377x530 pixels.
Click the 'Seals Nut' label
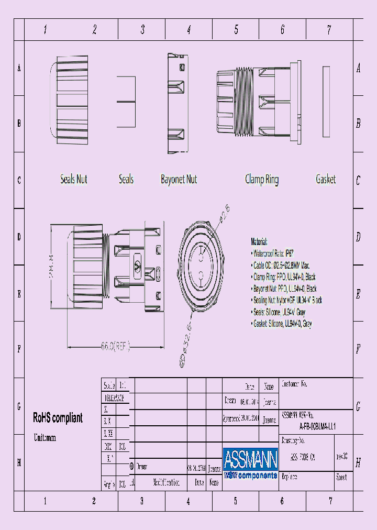pos(73,180)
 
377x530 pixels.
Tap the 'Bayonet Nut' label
pos(179,180)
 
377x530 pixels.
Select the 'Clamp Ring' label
pos(262,180)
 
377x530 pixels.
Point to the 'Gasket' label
pos(326,180)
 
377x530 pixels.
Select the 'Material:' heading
pos(259,242)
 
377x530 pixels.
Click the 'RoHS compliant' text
pos(58,418)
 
